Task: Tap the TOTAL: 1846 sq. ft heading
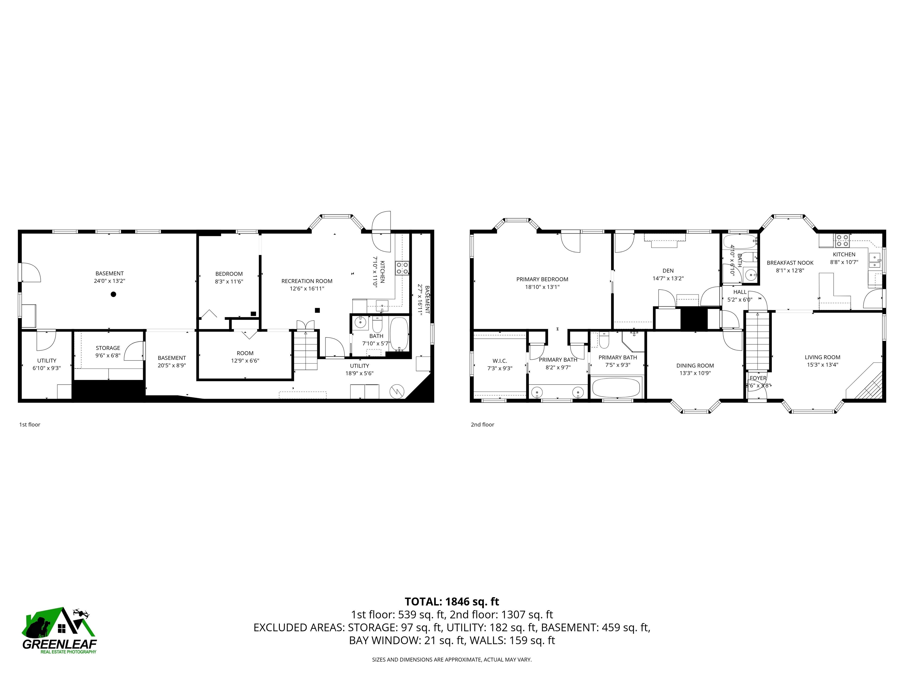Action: pos(452,601)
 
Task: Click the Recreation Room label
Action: pos(307,281)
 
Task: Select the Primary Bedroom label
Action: pos(542,280)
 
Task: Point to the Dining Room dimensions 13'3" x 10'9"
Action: pos(695,373)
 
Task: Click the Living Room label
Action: pos(822,357)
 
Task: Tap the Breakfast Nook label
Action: pos(790,263)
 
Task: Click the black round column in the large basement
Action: pos(114,294)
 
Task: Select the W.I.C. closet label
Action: pos(499,361)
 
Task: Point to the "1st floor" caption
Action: pos(30,425)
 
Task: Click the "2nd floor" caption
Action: pos(482,425)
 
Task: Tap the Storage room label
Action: pos(108,348)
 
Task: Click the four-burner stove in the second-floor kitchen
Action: pos(842,240)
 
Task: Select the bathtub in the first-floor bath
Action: pos(399,334)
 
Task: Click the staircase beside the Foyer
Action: pos(758,341)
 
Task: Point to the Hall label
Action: pos(740,292)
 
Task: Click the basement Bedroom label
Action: pos(229,274)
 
